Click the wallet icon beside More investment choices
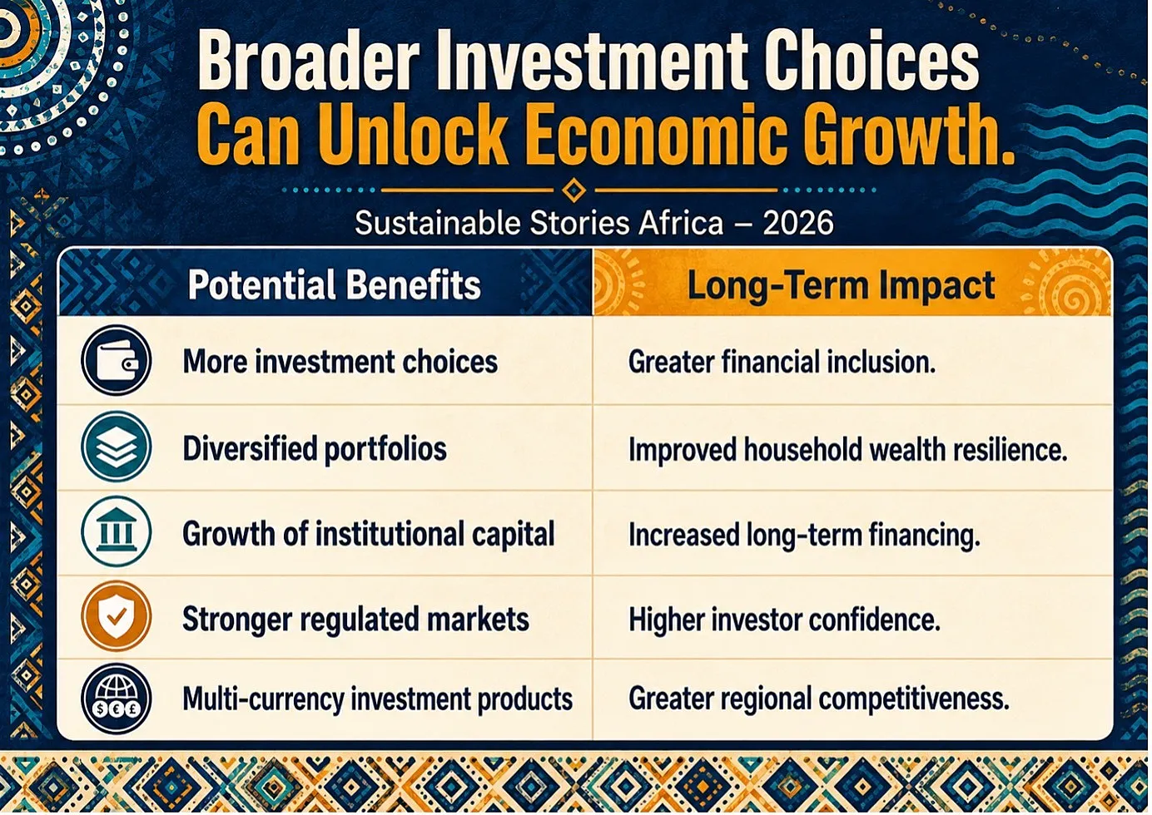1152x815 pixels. coord(117,360)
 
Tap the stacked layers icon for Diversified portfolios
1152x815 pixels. coord(117,446)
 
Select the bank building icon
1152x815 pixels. coord(117,531)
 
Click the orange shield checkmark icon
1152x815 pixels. coord(117,616)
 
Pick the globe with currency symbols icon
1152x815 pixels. coord(117,699)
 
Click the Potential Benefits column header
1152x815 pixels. coord(335,284)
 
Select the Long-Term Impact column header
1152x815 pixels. coord(841,285)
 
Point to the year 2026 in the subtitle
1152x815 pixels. coord(797,224)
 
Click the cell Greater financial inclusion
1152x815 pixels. coord(782,361)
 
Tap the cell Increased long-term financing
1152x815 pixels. coord(804,535)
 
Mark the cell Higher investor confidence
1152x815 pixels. coord(784,620)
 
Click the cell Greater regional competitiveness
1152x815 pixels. coord(819,699)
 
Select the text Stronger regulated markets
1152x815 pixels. coord(356,620)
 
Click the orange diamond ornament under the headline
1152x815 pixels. coord(574,190)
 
